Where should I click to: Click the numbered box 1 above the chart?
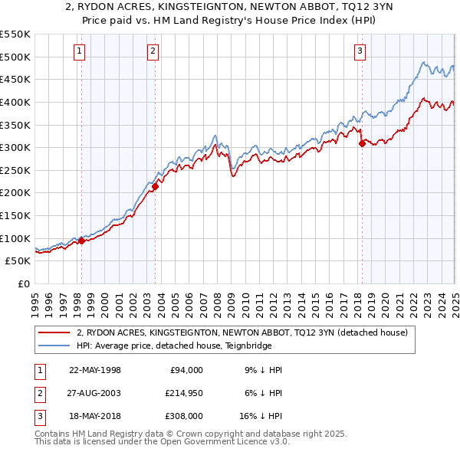(x=80, y=51)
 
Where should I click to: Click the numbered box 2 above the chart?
(x=153, y=51)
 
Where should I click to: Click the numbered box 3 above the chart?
(x=360, y=51)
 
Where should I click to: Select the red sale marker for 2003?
(x=155, y=185)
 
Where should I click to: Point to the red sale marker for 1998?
(x=81, y=241)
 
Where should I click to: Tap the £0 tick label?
(x=25, y=283)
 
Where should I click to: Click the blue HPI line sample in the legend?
(x=54, y=345)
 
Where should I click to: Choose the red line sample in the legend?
(x=54, y=332)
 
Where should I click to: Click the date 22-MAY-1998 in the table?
(x=95, y=370)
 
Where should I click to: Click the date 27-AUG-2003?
(x=95, y=393)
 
